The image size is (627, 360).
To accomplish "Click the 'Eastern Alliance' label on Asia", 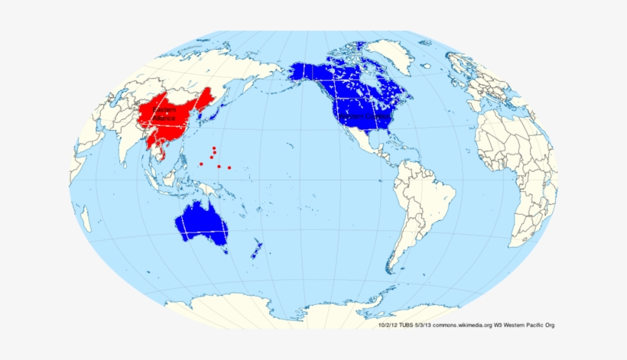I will pos(164,115).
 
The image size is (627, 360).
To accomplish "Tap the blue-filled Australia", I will pos(203,223).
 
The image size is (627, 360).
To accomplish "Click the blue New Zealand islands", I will pos(258,248).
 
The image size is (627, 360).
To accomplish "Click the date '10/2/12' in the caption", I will pos(388,326).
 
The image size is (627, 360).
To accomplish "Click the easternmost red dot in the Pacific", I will pos(229,167).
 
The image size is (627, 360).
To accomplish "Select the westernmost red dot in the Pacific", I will pos(201,164).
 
